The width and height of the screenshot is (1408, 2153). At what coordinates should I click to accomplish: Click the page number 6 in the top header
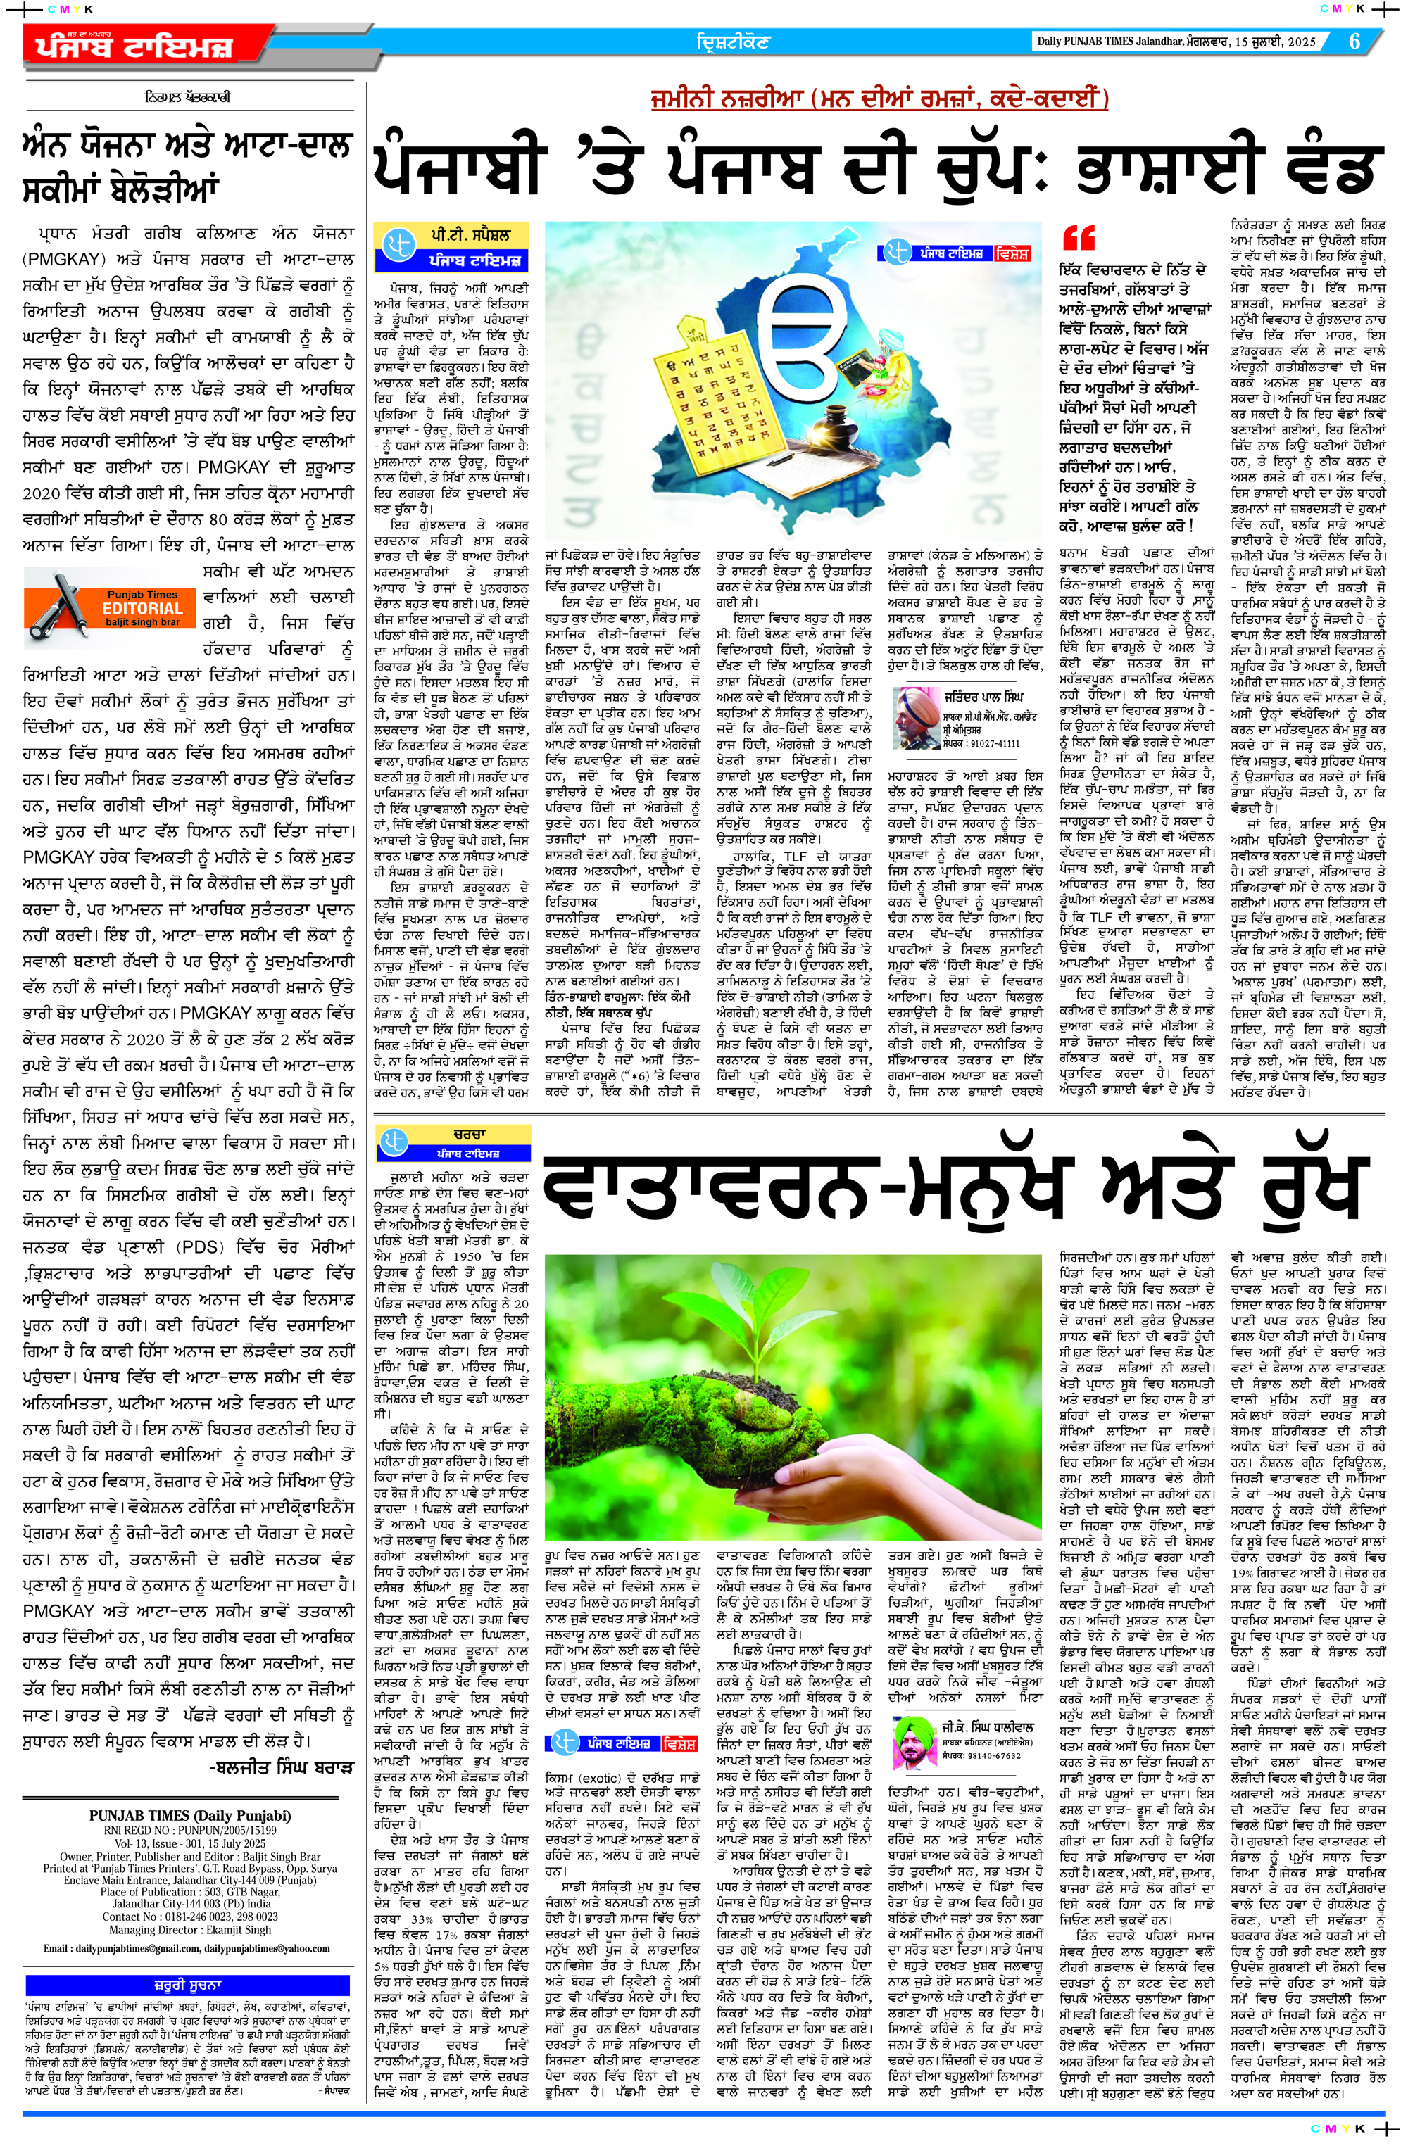[1354, 42]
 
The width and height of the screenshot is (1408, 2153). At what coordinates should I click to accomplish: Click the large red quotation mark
[1078, 238]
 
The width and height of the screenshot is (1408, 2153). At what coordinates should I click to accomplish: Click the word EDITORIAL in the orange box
[142, 609]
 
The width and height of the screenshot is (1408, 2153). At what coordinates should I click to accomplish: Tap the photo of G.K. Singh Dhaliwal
[913, 1741]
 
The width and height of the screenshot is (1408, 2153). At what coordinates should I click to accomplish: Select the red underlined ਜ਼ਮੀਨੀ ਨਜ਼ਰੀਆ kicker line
[878, 99]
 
